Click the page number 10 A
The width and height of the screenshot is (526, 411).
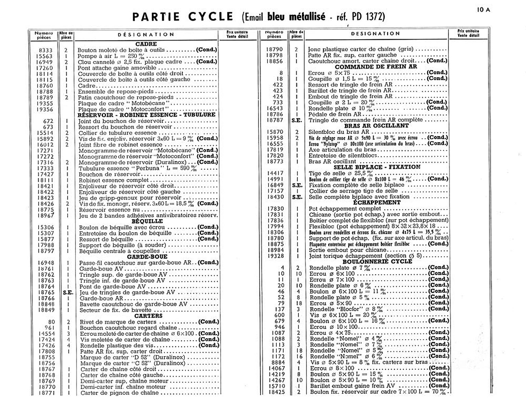pyautogui.click(x=483, y=10)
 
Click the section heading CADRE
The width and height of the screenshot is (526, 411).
pyautogui.click(x=146, y=44)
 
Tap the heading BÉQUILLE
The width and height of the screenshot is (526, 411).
pyautogui.click(x=147, y=221)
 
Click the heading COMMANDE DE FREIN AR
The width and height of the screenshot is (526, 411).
pyautogui.click(x=376, y=67)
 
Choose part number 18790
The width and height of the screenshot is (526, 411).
pyautogui.click(x=274, y=49)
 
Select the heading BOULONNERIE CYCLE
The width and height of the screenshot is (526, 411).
pyautogui.click(x=377, y=262)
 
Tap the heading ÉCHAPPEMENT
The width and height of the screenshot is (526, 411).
pyautogui.click(x=376, y=202)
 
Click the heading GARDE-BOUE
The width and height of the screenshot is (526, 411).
pyautogui.click(x=147, y=257)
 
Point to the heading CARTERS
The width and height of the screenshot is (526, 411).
pyautogui.click(x=148, y=316)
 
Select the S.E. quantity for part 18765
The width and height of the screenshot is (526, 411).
pyautogui.click(x=68, y=292)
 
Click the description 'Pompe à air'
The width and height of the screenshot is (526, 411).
pyautogui.click(x=93, y=56)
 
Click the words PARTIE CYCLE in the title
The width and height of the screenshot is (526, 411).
pyautogui.click(x=183, y=17)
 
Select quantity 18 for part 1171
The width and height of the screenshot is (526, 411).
pyautogui.click(x=299, y=350)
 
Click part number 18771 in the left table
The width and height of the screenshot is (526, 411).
pyautogui.click(x=47, y=393)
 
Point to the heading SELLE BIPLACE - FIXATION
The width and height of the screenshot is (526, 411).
pyautogui.click(x=377, y=167)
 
